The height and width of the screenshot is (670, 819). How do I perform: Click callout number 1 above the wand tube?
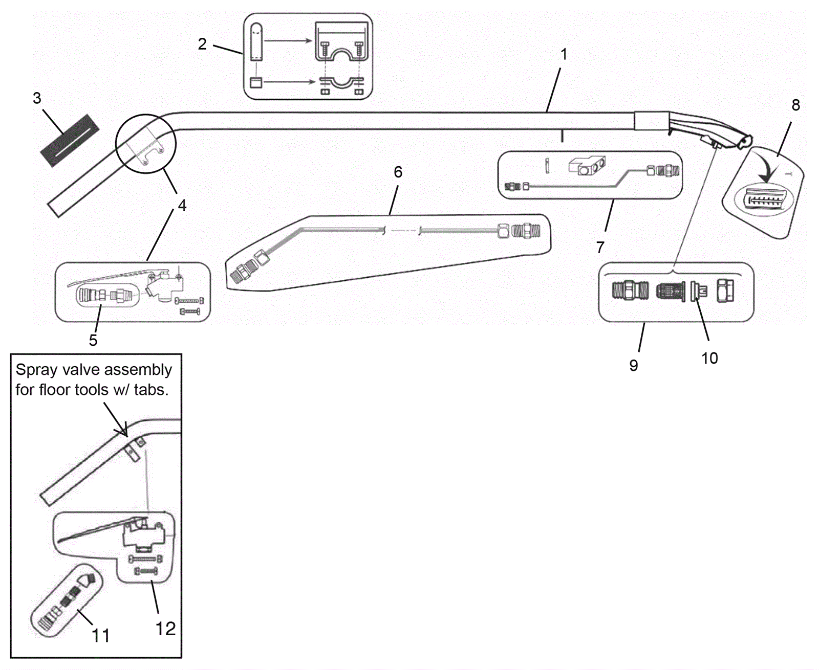pyautogui.click(x=564, y=54)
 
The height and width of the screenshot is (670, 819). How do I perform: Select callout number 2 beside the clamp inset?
pyautogui.click(x=202, y=44)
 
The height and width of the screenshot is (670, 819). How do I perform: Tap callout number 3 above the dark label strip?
pyautogui.click(x=37, y=98)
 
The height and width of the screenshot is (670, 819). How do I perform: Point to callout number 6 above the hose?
pyautogui.click(x=398, y=172)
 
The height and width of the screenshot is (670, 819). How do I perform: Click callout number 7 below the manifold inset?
pyautogui.click(x=600, y=248)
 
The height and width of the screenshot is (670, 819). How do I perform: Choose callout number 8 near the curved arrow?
pyautogui.click(x=795, y=105)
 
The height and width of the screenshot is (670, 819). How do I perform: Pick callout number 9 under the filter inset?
pyautogui.click(x=634, y=365)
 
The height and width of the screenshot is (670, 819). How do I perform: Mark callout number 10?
pyautogui.click(x=709, y=358)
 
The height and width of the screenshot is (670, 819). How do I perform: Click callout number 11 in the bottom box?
pyautogui.click(x=100, y=636)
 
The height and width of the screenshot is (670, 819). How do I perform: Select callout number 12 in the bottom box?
pyautogui.click(x=165, y=629)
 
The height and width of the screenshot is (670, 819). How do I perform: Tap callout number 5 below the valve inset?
pyautogui.click(x=93, y=340)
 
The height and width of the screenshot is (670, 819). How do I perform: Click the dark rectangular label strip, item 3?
pyautogui.click(x=70, y=140)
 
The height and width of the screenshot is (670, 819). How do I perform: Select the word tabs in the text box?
pyautogui.click(x=151, y=390)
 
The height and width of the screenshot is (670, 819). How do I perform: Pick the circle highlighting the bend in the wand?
pyautogui.click(x=146, y=144)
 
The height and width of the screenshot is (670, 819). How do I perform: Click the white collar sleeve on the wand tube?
pyautogui.click(x=652, y=121)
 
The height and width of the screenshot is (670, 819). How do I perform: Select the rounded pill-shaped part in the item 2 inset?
pyautogui.click(x=256, y=42)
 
